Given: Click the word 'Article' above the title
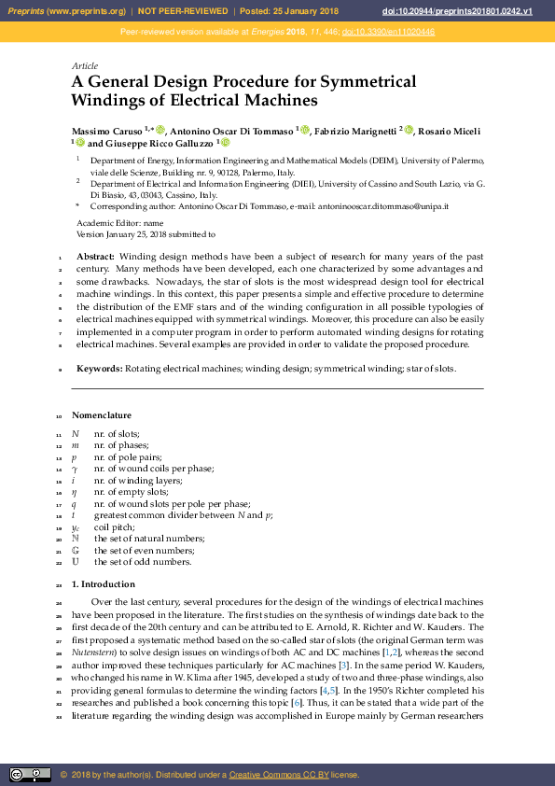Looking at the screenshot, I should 85,65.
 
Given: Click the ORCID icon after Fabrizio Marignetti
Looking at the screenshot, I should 408,130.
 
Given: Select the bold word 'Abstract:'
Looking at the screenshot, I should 95,257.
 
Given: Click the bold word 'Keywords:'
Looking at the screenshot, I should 100,369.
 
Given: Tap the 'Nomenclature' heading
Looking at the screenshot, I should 102,415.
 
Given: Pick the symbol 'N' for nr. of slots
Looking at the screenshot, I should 76,434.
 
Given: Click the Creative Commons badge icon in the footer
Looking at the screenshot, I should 29,774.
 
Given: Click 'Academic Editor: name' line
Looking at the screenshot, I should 119,224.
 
